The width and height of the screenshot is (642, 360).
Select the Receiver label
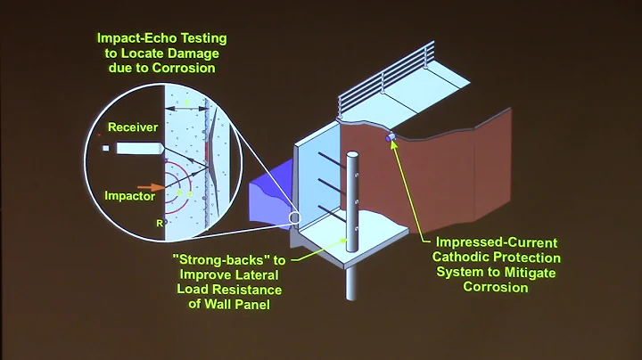[x=133, y=127]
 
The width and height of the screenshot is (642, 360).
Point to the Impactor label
[x=130, y=196]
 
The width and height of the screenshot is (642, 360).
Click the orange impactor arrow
[x=151, y=187]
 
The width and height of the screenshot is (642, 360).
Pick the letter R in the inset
[x=160, y=224]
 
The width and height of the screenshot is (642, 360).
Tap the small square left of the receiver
[x=106, y=148]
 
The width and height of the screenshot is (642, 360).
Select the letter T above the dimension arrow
[x=186, y=103]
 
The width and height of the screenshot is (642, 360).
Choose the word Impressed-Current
[x=497, y=242]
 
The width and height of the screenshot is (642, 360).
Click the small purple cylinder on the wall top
[x=391, y=136]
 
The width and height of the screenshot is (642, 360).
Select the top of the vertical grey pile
[x=352, y=155]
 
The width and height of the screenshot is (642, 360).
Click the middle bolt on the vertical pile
[x=357, y=202]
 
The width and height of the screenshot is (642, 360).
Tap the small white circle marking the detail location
[x=294, y=218]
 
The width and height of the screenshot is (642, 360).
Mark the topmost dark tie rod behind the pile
[x=332, y=160]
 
